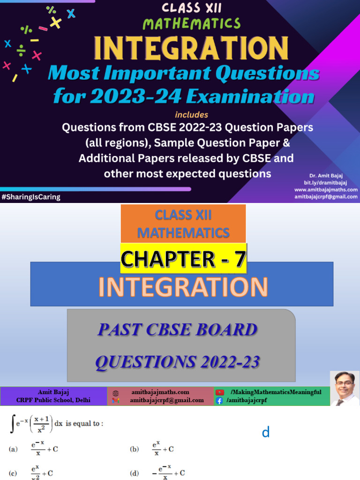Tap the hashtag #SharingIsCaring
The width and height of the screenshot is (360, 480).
[x=31, y=197]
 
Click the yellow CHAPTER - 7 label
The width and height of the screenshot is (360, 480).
[x=183, y=259]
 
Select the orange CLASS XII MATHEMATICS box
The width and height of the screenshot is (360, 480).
[x=183, y=224]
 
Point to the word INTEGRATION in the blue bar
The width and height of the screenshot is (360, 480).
[x=183, y=287]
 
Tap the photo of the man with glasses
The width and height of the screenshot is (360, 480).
[x=345, y=388]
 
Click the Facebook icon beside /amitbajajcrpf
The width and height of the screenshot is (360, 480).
[x=219, y=401]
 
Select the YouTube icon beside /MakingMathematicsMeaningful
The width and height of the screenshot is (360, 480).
[x=219, y=392]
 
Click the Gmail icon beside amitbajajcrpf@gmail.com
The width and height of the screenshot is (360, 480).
[x=116, y=401]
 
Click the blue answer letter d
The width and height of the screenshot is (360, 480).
[x=266, y=433]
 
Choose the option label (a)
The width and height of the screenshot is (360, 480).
[x=14, y=449]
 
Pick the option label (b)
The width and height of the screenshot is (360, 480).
[x=135, y=449]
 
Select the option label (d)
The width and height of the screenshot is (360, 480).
[x=135, y=473]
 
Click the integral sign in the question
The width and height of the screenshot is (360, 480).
[x=12, y=424]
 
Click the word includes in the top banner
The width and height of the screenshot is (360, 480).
[x=191, y=115]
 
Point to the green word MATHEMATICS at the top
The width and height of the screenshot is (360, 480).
[x=191, y=23]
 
